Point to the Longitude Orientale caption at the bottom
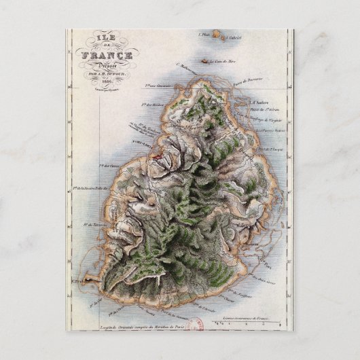pyautogui.click(x=156, y=327)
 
